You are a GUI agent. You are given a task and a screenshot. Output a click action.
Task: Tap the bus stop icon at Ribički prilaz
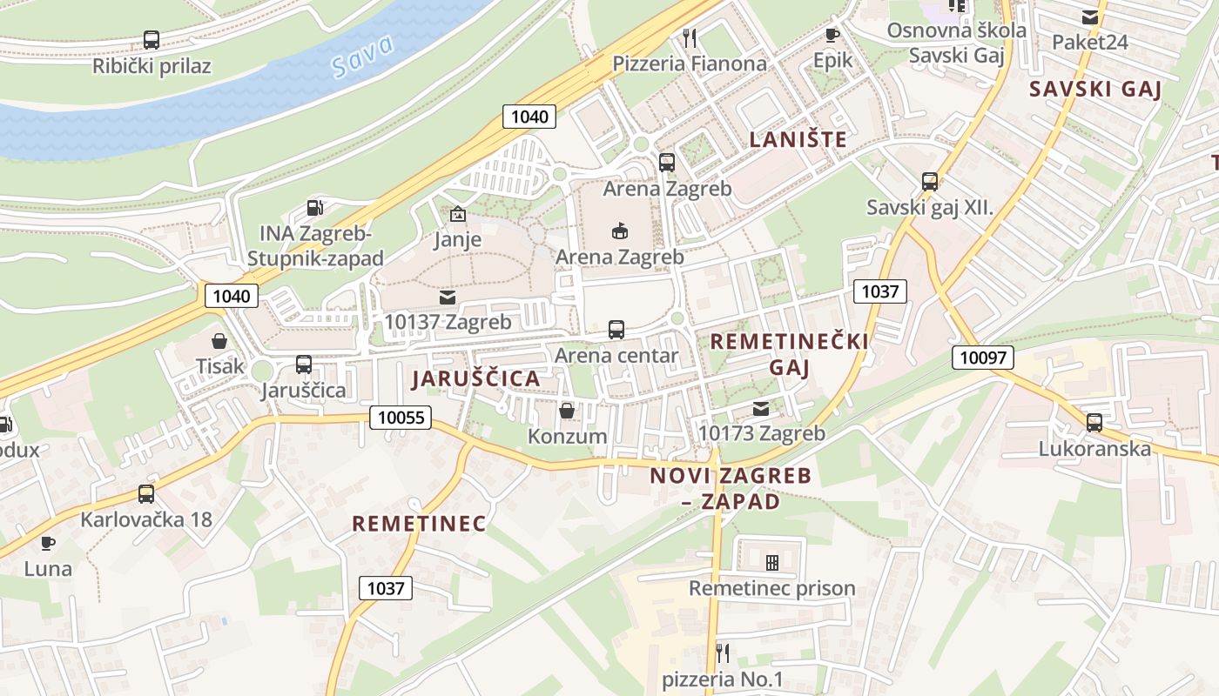click(152, 40)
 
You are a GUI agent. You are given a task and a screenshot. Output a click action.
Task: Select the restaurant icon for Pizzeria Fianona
click(690, 37)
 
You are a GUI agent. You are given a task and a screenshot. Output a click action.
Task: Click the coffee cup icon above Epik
click(832, 35)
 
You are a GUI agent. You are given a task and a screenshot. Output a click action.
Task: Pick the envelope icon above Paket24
click(1089, 17)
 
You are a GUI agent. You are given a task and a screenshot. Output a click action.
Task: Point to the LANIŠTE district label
click(798, 139)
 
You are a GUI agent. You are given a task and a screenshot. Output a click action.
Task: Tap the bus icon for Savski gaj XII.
click(930, 182)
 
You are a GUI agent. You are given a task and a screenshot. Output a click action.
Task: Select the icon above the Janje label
click(457, 214)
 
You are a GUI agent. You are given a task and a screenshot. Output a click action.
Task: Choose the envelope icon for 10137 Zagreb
click(448, 298)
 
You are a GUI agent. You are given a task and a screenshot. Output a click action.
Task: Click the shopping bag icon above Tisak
click(219, 341)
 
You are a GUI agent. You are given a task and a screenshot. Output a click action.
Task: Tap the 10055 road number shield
click(401, 418)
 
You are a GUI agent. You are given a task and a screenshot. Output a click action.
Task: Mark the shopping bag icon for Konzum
click(567, 411)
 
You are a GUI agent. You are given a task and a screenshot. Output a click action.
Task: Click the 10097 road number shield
click(982, 357)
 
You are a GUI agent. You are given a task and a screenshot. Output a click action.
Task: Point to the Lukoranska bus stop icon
click(1094, 423)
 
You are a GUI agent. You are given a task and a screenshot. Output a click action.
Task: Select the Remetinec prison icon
click(771, 563)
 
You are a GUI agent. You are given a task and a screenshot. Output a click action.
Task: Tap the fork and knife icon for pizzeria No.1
click(722, 652)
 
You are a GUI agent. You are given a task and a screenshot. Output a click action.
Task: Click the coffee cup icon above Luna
click(48, 544)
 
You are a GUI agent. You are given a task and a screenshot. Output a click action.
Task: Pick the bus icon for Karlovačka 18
click(146, 494)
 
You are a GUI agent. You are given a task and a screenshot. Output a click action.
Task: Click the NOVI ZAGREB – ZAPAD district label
click(731, 488)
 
